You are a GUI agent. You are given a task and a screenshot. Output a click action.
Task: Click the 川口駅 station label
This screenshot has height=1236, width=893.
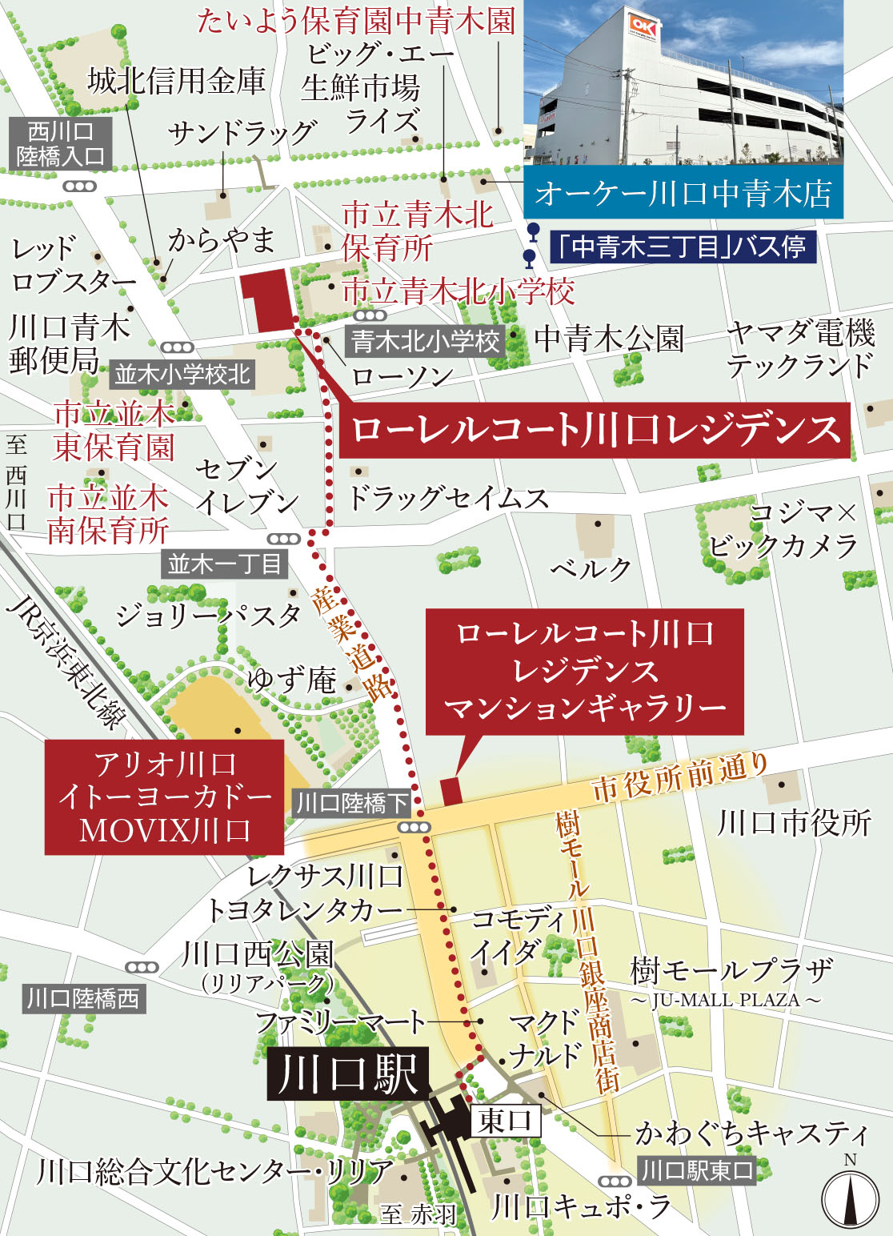pyautogui.click(x=349, y=1073)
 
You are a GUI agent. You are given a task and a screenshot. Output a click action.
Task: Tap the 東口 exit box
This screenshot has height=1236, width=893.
pyautogui.click(x=505, y=1121)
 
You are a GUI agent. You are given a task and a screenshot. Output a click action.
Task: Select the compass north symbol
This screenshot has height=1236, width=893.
pyautogui.click(x=851, y=1198)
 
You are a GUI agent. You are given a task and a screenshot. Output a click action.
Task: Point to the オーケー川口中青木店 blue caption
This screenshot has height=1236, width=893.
pyautogui.click(x=683, y=194)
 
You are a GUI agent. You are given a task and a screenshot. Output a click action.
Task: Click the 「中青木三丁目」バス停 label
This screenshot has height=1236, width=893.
pyautogui.click(x=683, y=247)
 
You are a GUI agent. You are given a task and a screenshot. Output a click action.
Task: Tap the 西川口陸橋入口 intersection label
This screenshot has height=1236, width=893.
pyautogui.click(x=60, y=144)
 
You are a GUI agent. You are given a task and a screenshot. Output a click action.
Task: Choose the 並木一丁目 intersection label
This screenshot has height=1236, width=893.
pyautogui.click(x=225, y=564)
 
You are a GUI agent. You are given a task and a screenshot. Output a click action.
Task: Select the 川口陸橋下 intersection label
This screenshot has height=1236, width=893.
pyautogui.click(x=352, y=803)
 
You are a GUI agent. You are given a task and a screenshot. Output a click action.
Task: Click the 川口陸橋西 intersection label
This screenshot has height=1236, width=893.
pyautogui.click(x=82, y=998)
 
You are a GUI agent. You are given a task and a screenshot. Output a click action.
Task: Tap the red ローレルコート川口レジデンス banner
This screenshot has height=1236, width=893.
pyautogui.click(x=595, y=430)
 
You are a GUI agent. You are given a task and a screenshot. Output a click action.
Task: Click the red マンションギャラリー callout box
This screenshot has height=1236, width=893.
pyautogui.click(x=584, y=671)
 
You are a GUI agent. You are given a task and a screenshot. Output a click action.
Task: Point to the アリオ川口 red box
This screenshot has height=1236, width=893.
pyautogui.click(x=164, y=797)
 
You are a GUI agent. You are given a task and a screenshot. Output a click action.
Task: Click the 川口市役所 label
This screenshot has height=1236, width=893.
pyautogui.click(x=794, y=822)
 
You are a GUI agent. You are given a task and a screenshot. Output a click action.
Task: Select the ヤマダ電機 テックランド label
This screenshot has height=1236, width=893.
pyautogui.click(x=800, y=348)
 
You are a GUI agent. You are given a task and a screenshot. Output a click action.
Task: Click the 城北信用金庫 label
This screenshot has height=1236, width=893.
pyautogui.click(x=176, y=81)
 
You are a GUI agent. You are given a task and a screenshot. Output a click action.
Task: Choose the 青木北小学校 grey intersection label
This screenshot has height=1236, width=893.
pyautogui.click(x=425, y=342)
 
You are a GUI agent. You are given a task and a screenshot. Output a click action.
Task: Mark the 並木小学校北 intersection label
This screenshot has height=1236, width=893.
pyautogui.click(x=182, y=374)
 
